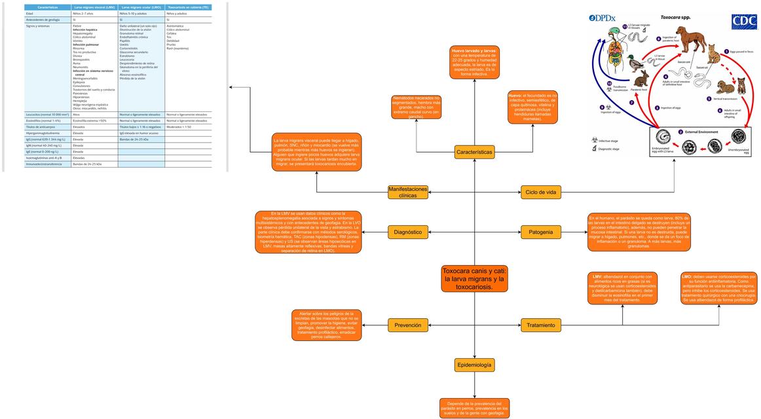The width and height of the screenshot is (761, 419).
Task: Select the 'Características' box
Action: [475, 152]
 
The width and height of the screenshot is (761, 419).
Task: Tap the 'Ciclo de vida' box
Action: [541, 192]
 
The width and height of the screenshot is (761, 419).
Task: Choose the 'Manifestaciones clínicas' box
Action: [408, 192]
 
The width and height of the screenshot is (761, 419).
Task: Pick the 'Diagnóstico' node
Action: [408, 232]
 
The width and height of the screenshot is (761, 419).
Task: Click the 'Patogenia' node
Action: [541, 232]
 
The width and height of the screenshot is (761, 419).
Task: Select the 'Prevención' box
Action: [408, 325]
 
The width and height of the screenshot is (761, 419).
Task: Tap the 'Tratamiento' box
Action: [541, 325]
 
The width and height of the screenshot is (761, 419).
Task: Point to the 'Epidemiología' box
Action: [475, 365]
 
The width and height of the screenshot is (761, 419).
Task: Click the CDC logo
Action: [743, 22]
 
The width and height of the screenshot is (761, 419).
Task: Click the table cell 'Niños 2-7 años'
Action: [83, 13]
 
